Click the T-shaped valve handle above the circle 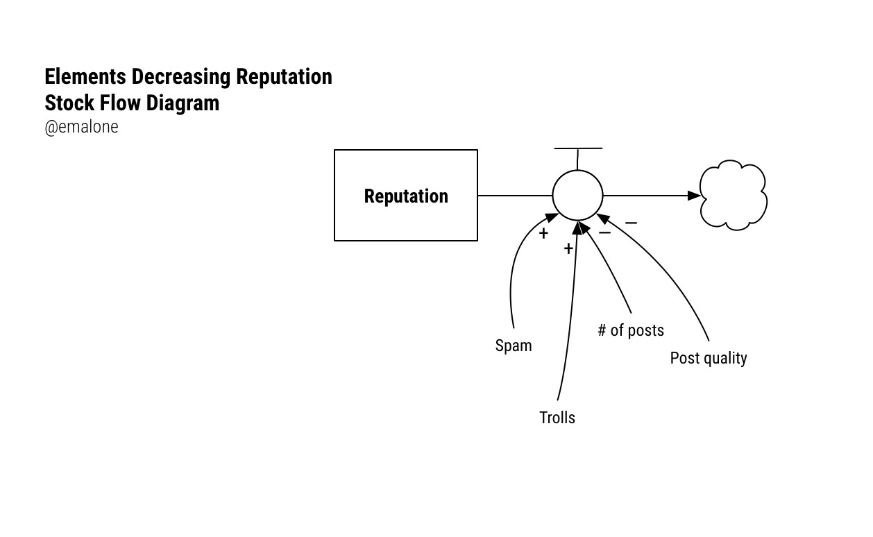click(x=578, y=149)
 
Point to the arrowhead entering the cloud click(x=694, y=195)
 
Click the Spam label click(x=514, y=346)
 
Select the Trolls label click(x=557, y=418)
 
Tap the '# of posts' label click(x=631, y=330)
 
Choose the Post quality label click(x=708, y=358)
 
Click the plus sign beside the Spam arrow click(x=543, y=233)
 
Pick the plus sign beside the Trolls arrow click(x=568, y=248)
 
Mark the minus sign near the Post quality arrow click(x=631, y=223)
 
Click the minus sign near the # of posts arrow click(x=604, y=232)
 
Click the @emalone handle click(x=81, y=127)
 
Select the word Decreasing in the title click(x=181, y=76)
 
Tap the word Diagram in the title click(x=183, y=103)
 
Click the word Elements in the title click(x=85, y=76)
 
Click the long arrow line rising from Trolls click(x=572, y=312)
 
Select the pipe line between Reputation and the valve click(x=515, y=195)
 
